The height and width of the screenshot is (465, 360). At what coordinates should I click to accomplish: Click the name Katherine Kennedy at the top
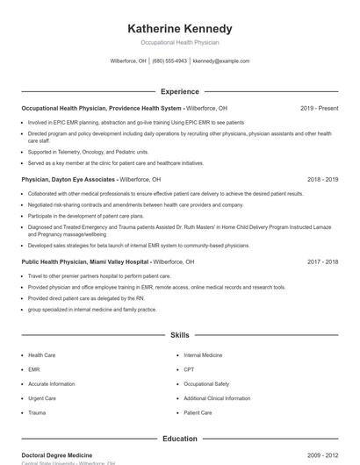click(180, 28)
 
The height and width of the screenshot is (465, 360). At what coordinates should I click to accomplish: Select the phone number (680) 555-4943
click(169, 61)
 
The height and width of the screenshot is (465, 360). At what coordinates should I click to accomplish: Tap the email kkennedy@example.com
click(221, 61)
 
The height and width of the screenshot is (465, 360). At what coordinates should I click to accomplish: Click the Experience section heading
click(180, 91)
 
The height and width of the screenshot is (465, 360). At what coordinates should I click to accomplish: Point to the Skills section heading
click(180, 335)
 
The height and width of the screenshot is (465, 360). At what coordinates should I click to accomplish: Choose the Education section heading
click(180, 439)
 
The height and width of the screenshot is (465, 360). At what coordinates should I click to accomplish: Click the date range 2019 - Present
click(319, 108)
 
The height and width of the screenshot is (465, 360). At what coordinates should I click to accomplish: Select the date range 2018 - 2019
click(322, 179)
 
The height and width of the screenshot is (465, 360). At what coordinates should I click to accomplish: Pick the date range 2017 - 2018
click(322, 261)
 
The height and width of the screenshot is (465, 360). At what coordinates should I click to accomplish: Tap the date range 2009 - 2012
click(322, 455)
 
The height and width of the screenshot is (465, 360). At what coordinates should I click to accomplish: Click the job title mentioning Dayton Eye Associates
click(69, 179)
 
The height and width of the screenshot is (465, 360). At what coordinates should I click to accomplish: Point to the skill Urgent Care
click(42, 398)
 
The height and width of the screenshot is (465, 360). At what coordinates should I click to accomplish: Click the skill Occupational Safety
click(206, 384)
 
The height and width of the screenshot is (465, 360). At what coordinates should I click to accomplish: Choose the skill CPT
click(189, 370)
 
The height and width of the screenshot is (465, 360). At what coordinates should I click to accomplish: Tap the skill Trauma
click(37, 412)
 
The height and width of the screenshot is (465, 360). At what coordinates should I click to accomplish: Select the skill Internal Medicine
click(203, 355)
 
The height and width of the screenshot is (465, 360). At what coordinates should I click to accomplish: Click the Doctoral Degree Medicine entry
click(57, 455)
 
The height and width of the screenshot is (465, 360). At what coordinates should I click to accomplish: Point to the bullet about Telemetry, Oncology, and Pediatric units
click(88, 152)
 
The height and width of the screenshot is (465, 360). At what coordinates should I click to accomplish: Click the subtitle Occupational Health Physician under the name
click(180, 42)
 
